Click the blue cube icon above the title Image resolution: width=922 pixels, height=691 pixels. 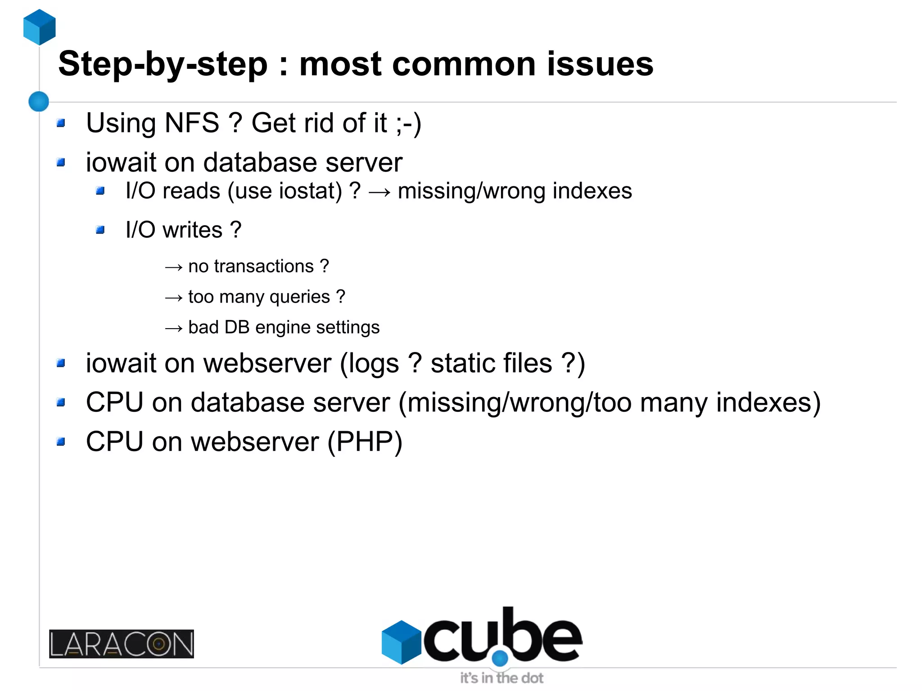[x=40, y=27]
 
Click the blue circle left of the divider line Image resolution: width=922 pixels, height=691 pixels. [x=39, y=101]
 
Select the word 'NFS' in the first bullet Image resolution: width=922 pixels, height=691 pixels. [x=192, y=123]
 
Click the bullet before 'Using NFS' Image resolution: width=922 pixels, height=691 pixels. [x=61, y=123]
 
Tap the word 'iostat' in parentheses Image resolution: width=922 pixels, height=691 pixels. [x=311, y=191]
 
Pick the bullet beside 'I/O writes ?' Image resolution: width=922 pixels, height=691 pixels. [x=100, y=230]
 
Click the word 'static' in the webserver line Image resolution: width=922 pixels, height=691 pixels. [x=491, y=363]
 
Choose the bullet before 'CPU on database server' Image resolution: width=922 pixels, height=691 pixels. [x=61, y=402]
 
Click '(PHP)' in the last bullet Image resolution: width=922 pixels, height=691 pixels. [x=365, y=442]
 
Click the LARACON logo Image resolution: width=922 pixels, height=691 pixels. [x=122, y=644]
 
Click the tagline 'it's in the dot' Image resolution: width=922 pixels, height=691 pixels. [x=502, y=678]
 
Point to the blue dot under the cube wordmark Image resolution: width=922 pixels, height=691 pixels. [x=500, y=659]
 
